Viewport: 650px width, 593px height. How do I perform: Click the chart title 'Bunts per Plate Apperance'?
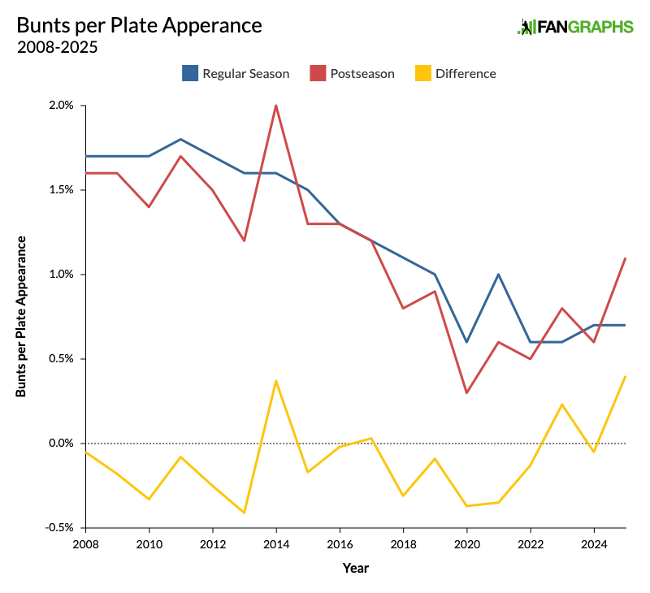point(139,25)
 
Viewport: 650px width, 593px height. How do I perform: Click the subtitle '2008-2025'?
point(57,47)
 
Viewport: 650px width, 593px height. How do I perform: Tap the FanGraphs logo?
point(575,27)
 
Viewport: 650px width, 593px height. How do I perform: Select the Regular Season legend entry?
point(236,73)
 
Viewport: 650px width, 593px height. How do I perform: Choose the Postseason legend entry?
point(352,73)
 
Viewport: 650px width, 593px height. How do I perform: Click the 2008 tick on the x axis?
point(85,543)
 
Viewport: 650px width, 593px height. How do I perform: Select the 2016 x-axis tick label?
point(340,543)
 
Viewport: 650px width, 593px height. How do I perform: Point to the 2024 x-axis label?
point(594,543)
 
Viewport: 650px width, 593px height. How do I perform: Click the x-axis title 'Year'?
point(355,568)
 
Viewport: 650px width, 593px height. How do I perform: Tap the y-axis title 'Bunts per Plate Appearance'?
point(21,317)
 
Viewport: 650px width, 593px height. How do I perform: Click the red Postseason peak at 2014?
point(276,106)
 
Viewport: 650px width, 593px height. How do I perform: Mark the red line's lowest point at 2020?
point(467,393)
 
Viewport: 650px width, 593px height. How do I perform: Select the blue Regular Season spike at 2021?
point(499,275)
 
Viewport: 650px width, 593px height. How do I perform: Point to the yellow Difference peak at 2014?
point(276,381)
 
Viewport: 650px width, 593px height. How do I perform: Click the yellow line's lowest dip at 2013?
point(245,513)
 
